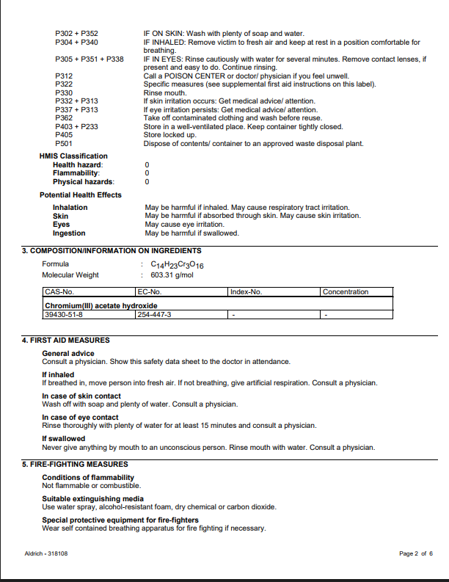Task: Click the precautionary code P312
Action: [64, 76]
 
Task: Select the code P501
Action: [64, 144]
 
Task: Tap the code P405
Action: [64, 135]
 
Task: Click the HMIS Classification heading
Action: [73, 156]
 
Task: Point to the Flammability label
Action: [76, 173]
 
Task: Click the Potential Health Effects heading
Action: [81, 194]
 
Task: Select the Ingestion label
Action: [69, 233]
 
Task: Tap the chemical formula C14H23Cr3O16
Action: [177, 264]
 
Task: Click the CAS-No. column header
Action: [60, 291]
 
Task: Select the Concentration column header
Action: [346, 291]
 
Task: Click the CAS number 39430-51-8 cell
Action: [65, 314]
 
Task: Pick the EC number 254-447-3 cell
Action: [154, 314]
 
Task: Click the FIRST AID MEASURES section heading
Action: [66, 341]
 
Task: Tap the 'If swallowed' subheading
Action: [63, 439]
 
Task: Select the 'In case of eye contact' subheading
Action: [80, 418]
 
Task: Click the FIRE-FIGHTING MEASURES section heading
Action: [75, 464]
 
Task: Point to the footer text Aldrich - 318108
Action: [47, 553]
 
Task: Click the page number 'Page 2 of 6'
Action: [416, 553]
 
